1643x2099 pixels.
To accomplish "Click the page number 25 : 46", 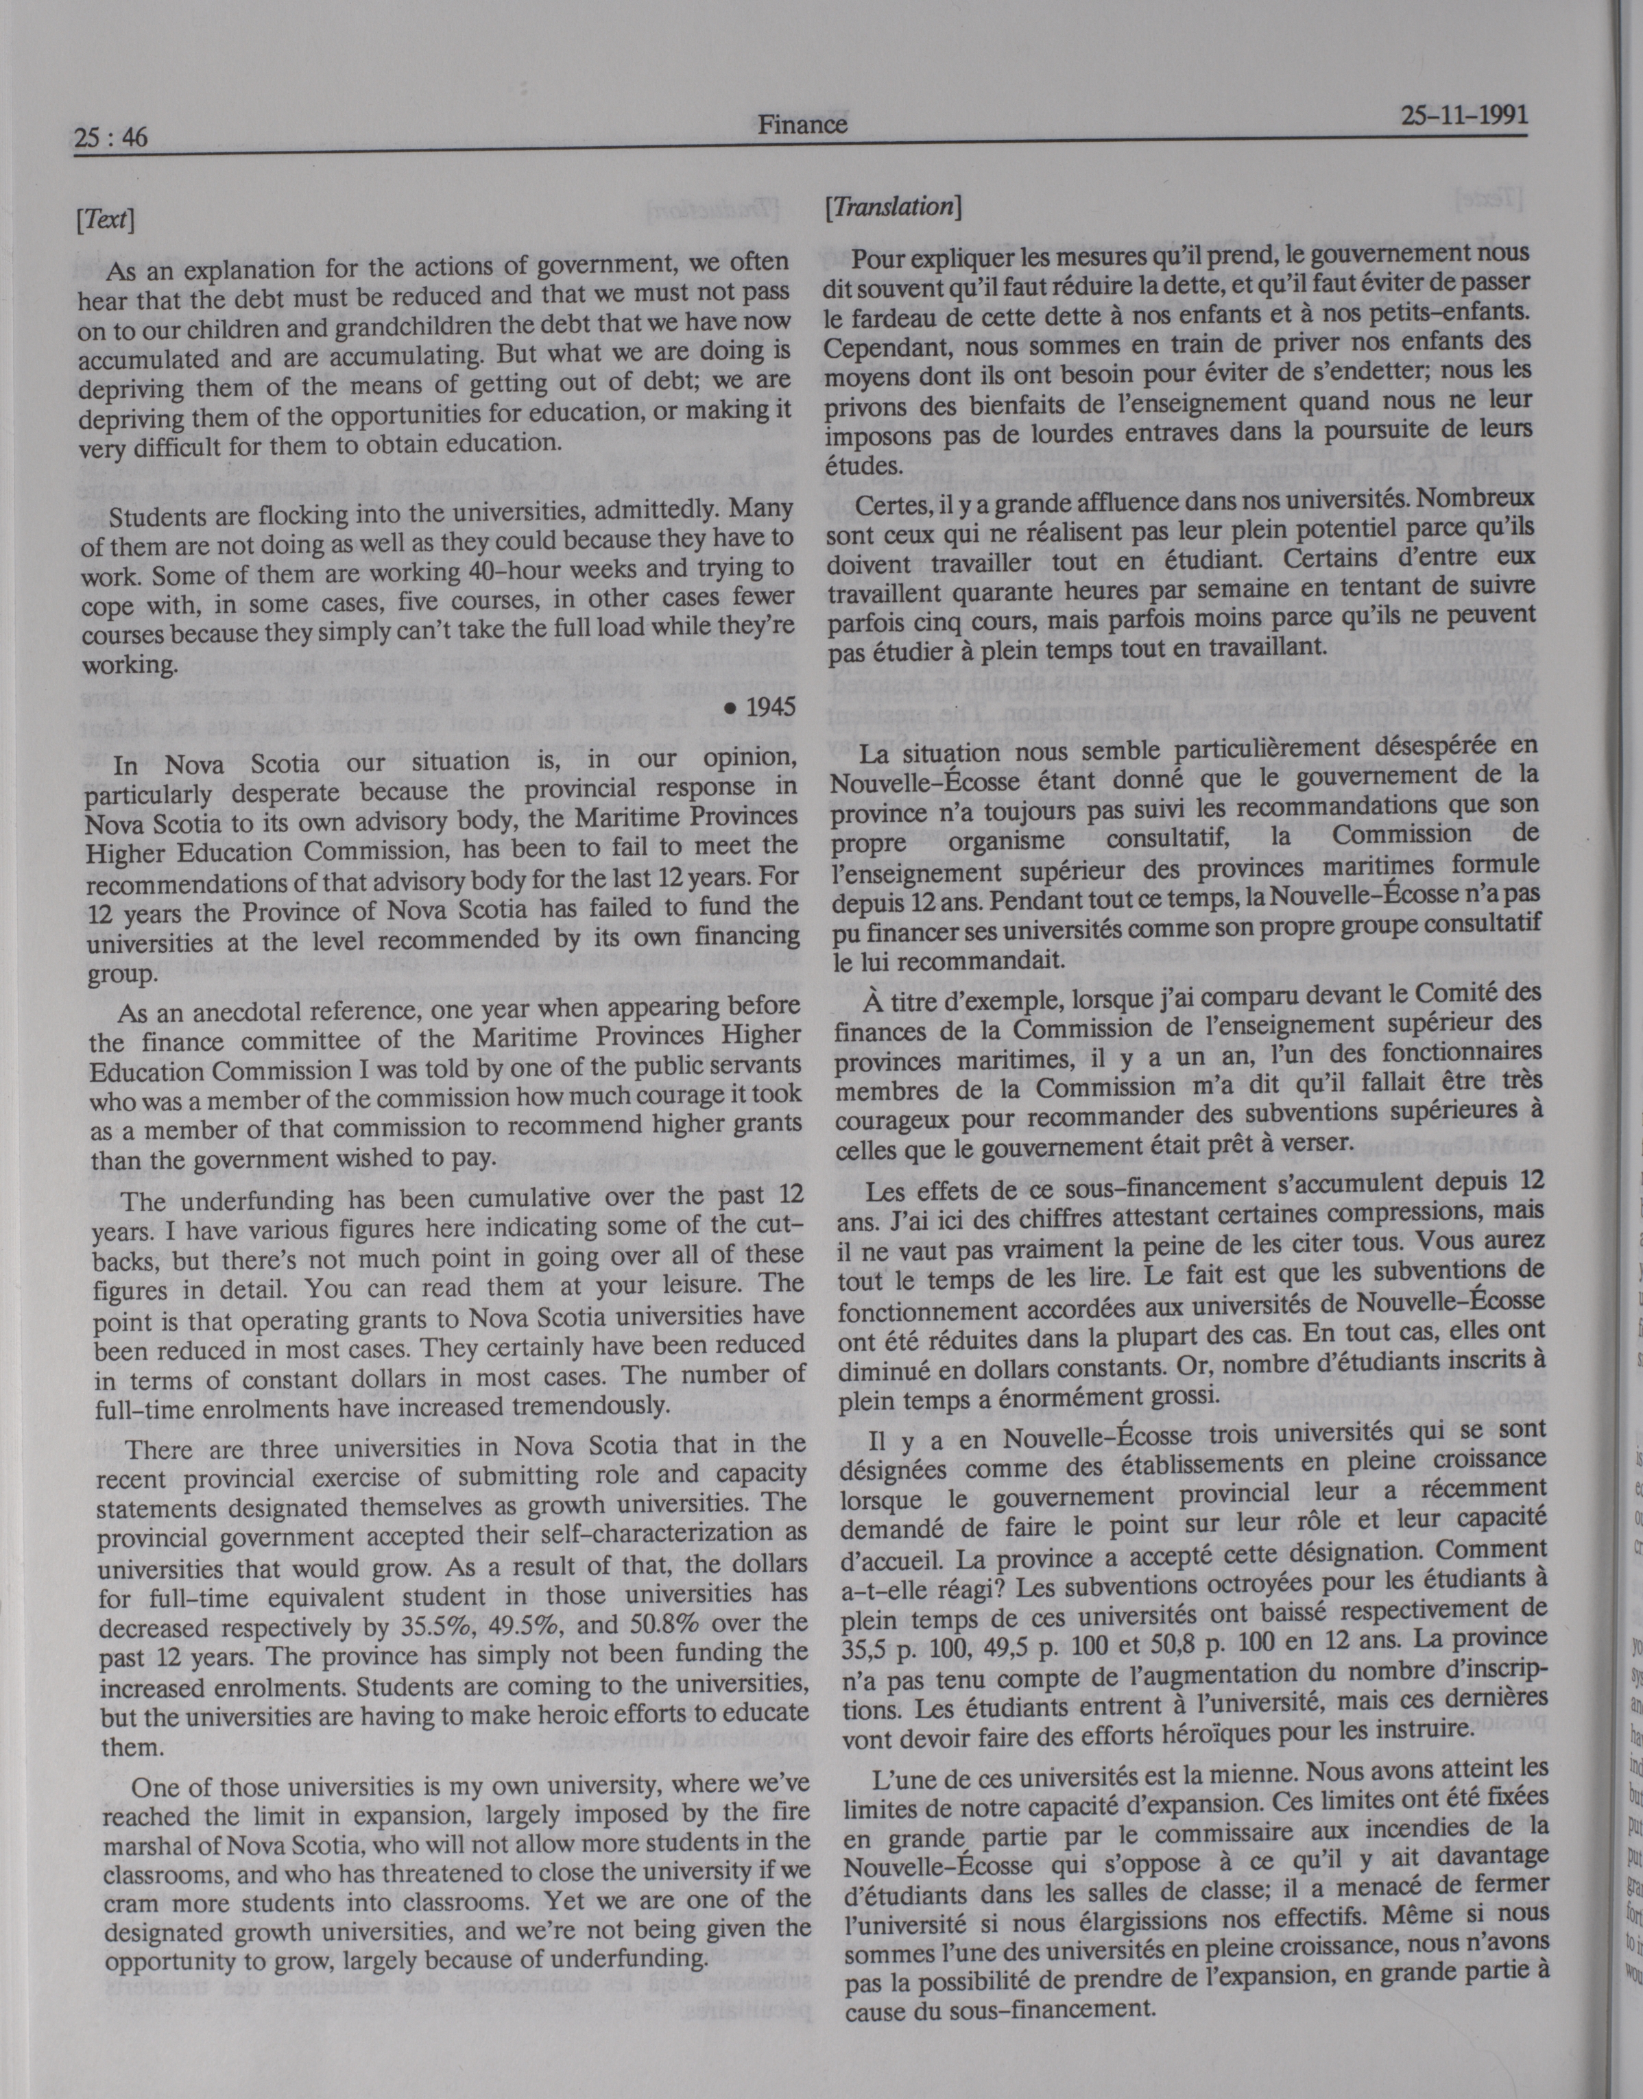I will (110, 138).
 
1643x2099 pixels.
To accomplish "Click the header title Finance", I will (802, 124).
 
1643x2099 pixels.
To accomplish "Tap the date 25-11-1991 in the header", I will (1463, 117).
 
